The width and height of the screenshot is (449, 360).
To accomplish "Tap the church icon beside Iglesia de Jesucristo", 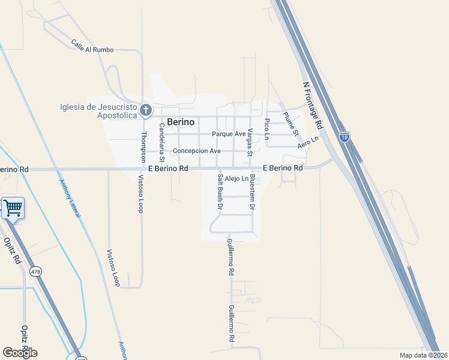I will coord(145,110).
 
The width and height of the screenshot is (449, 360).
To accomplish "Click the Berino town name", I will coord(181,122).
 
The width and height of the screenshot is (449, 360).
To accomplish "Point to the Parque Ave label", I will coord(229,134).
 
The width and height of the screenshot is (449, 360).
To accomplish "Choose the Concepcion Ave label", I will coord(197,151).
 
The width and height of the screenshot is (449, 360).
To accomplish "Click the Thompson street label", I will coord(143,147).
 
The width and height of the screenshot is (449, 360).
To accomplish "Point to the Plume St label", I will coord(291,124).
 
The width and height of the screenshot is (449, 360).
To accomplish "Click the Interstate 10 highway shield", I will coord(344,137).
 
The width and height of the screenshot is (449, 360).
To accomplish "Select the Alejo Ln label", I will coord(237,179).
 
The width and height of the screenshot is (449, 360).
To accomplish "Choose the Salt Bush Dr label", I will coord(220,191).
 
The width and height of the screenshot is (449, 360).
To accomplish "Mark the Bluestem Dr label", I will coord(253,191).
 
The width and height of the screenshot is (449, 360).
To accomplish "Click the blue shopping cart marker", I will coord(13,208).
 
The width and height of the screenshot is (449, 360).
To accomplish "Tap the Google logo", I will coord(20,352).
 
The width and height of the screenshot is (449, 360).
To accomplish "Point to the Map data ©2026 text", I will coord(423,355).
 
